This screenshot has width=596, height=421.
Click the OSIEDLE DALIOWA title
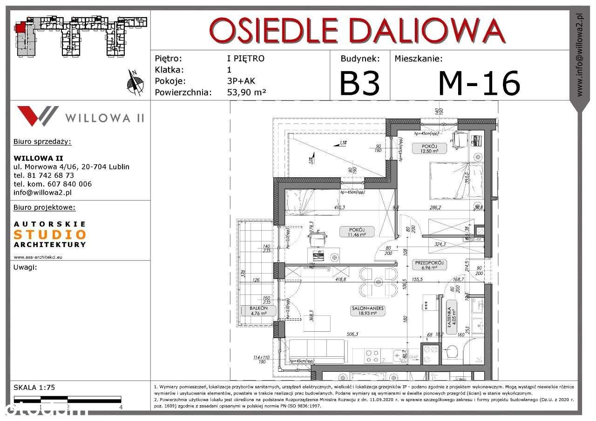coord(357,31)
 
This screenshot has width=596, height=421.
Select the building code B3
coord(359,83)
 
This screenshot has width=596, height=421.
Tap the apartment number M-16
coord(479,83)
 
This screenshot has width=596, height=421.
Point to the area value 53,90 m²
coord(246,92)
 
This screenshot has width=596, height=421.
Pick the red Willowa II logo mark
coord(37,116)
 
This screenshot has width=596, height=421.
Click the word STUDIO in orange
coord(50,234)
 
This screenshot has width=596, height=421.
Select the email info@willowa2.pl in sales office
coord(43,192)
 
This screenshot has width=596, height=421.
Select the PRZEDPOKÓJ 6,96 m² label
coord(430,265)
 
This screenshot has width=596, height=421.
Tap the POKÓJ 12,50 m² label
coord(429,148)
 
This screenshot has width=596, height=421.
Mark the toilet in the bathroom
coord(454,352)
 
